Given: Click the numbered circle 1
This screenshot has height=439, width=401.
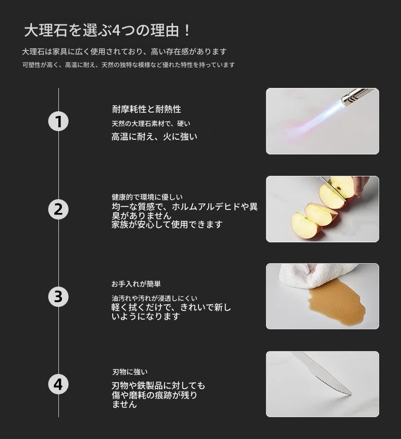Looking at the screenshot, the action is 58,121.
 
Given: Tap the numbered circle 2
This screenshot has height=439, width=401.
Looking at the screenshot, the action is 58,209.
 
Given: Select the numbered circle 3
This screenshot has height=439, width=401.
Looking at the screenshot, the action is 58,297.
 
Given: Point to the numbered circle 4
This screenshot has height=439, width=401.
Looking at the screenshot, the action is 58,384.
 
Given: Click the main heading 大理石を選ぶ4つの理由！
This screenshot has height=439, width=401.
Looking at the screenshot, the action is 107,30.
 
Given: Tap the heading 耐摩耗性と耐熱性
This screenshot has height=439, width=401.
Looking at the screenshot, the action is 147,109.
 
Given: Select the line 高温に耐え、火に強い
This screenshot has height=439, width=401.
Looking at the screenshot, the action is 154,137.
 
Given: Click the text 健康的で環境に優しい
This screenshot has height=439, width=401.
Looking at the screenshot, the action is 147,197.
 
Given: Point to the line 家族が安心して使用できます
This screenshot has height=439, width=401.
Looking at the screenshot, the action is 167,224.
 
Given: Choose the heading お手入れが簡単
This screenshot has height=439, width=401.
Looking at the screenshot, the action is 136,284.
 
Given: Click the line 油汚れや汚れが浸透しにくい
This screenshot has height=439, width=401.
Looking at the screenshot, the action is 154,298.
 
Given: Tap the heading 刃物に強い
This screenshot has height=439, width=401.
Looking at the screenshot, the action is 130,372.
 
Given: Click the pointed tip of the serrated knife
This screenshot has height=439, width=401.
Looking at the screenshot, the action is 351,394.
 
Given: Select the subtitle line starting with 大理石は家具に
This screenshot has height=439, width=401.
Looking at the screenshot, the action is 124,51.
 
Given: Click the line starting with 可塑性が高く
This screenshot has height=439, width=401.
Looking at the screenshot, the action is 128,65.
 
